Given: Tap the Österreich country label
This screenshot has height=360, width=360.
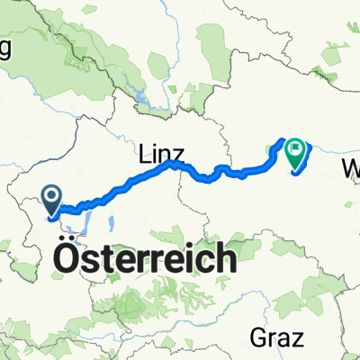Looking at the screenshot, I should coord(147,258).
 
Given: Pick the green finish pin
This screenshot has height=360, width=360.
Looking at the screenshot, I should coord(295,155).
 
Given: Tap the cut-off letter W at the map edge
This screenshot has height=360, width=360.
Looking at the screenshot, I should coord(352,168).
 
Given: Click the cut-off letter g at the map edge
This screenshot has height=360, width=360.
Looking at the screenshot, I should coord(4,51).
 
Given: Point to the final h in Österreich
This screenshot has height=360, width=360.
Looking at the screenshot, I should coord(229,258).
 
